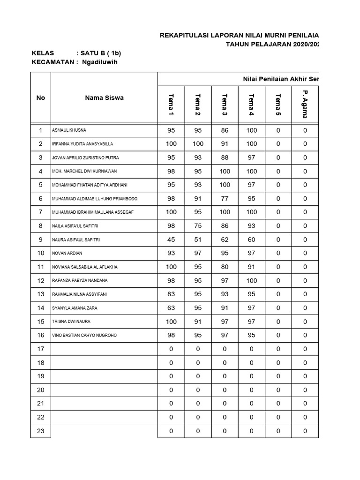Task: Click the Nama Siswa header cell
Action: [104, 98]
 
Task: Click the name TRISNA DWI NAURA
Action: [71, 322]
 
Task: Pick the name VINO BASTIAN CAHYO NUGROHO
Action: [84, 336]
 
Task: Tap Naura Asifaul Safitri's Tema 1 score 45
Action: [171, 240]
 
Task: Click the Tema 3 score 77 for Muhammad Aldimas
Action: [225, 199]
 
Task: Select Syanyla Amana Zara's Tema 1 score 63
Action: [171, 308]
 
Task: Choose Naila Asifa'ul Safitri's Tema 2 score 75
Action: [198, 226]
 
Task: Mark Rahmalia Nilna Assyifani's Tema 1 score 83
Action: [171, 294]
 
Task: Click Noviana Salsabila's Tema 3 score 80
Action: [225, 267]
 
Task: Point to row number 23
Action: [41, 431]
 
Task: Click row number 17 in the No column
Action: [41, 349]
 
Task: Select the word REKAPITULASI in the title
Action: [182, 35]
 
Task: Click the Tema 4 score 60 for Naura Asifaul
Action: [252, 240]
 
